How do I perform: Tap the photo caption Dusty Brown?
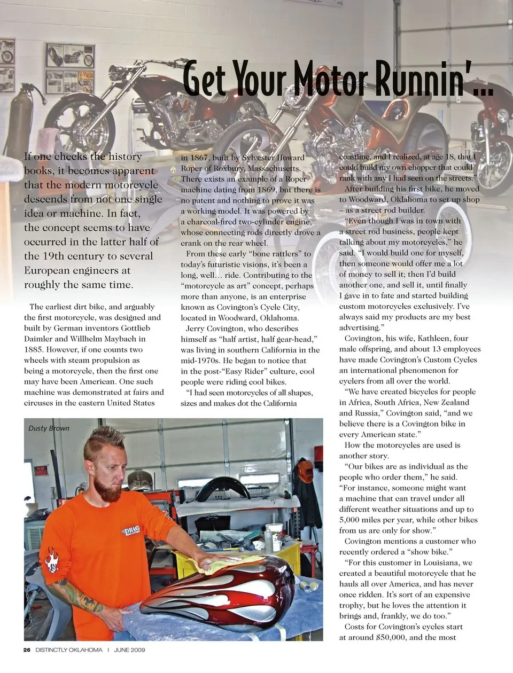[x=49, y=428]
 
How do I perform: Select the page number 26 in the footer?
[x=27, y=650]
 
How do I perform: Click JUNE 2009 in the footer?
[x=129, y=650]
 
